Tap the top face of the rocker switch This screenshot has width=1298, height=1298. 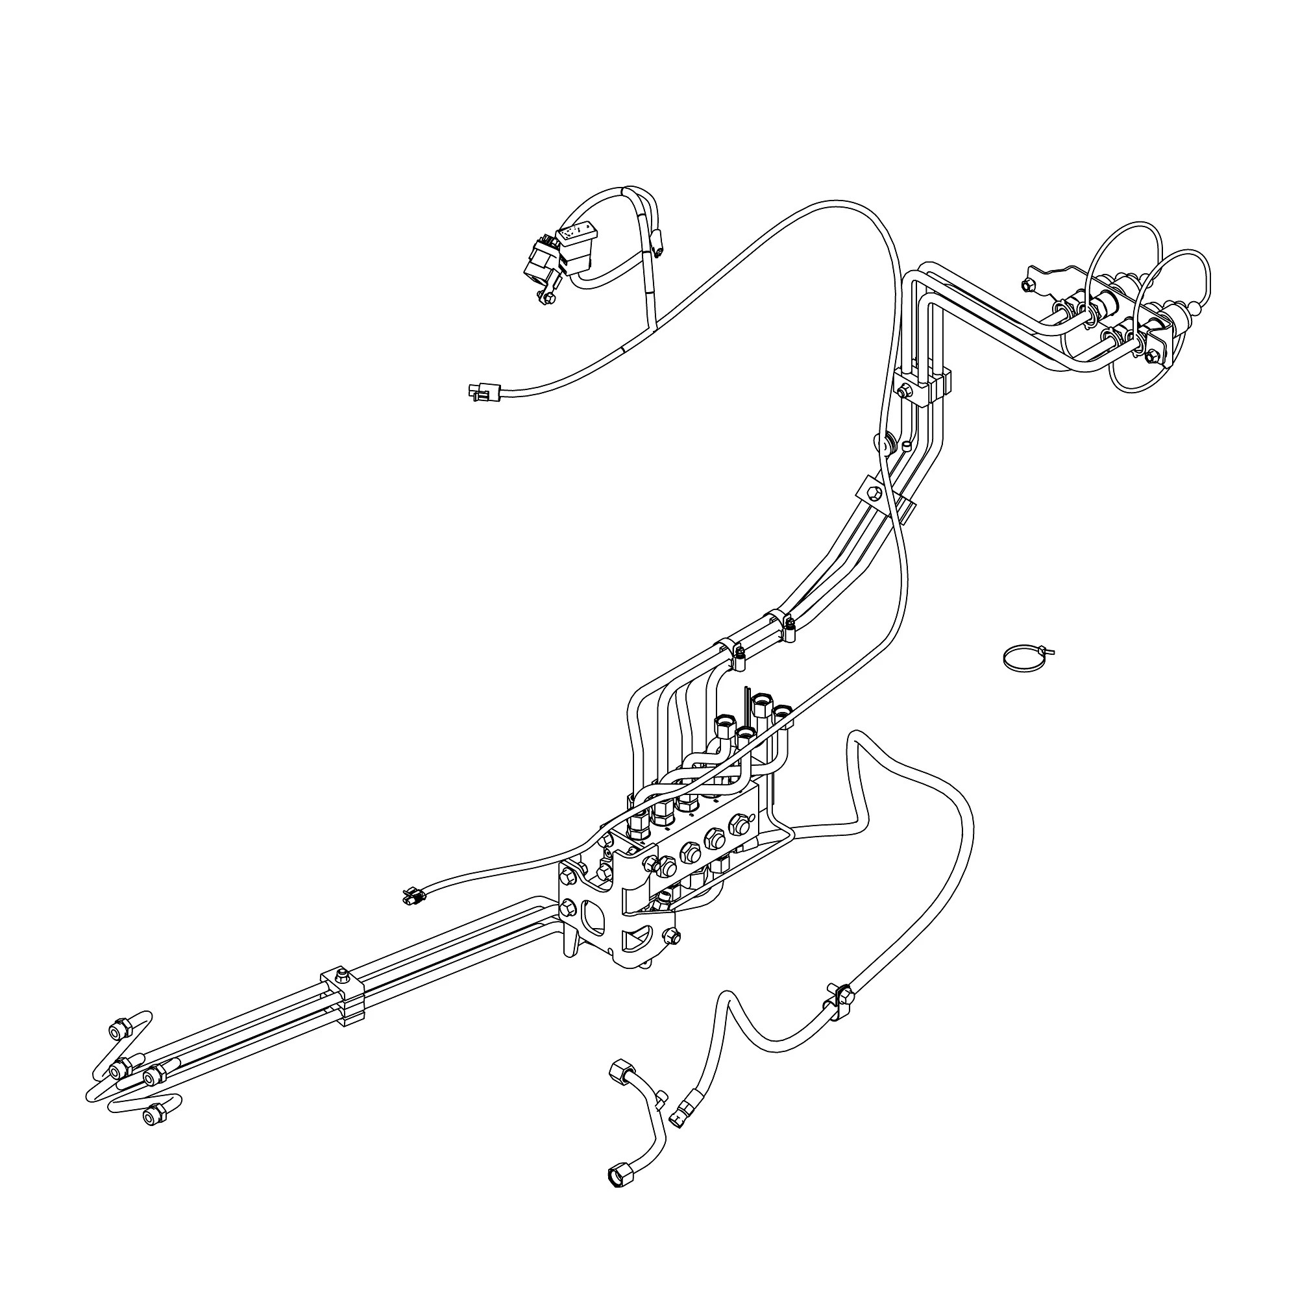(x=576, y=234)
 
